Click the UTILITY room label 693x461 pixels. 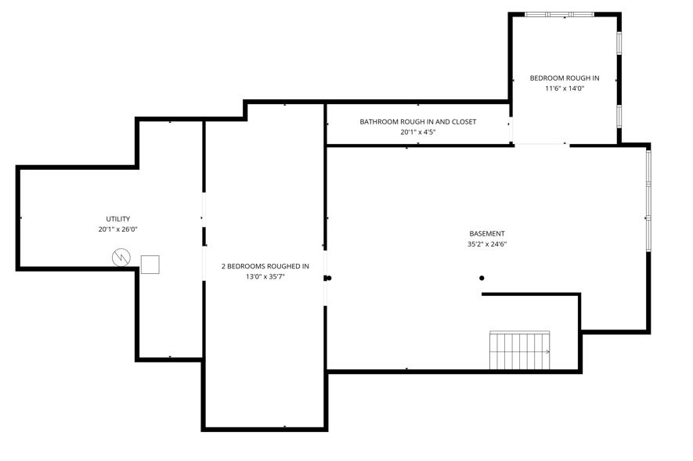118,219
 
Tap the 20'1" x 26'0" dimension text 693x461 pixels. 118,229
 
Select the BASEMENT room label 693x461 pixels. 487,233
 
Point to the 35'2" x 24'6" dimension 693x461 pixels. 487,244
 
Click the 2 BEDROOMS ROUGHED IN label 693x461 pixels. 265,266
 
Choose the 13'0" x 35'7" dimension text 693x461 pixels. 265,277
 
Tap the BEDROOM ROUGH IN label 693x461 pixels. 565,78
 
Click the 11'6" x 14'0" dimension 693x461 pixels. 565,88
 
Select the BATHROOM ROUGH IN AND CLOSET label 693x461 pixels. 417,122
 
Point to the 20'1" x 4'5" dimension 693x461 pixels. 417,132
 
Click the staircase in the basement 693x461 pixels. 520,350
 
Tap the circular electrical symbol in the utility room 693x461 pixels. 121,258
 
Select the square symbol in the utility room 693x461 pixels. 150,265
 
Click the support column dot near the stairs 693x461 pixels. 482,278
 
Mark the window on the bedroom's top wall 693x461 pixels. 560,15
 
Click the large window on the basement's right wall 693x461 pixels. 648,200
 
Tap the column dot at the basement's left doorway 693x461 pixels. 329,278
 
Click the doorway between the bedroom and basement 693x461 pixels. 542,144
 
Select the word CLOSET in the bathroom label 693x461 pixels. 464,122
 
